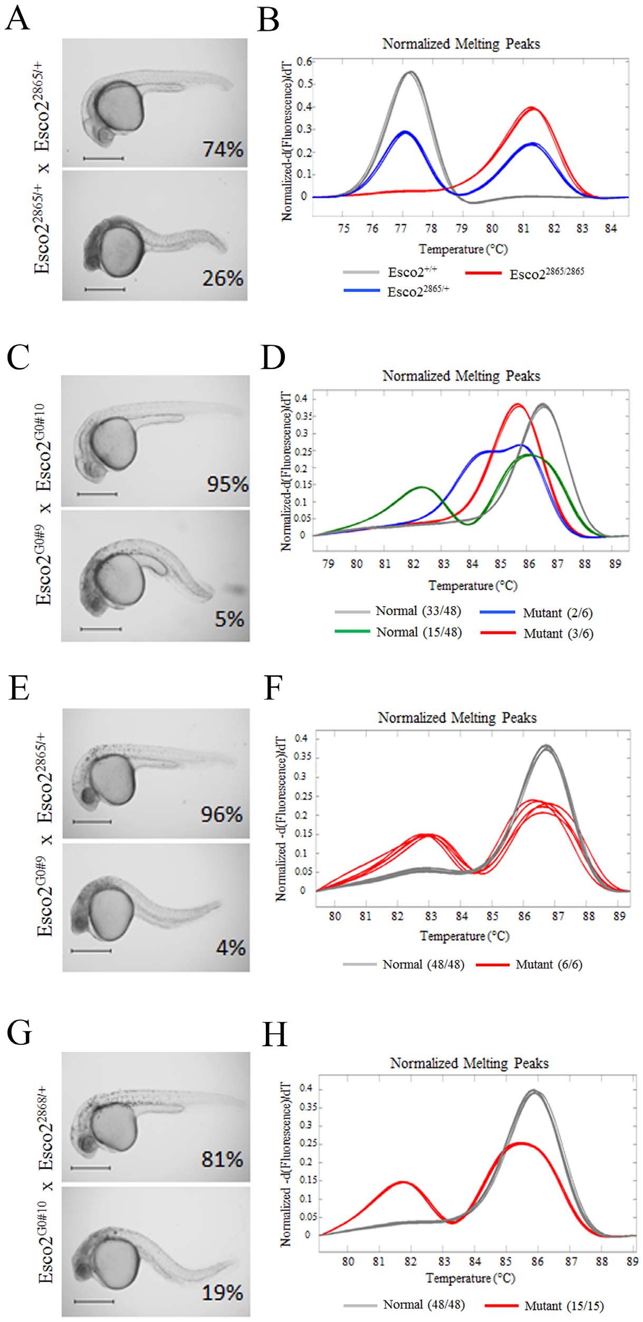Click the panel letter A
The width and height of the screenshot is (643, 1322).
(17, 20)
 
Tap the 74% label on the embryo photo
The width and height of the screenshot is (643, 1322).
(223, 149)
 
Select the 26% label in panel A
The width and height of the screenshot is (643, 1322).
(223, 278)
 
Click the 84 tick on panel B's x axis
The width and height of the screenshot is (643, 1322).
(610, 228)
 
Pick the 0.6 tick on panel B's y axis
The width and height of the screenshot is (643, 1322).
(304, 62)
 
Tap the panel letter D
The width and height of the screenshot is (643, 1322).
(273, 357)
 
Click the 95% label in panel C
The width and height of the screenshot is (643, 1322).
(227, 484)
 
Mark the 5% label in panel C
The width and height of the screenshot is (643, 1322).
(229, 619)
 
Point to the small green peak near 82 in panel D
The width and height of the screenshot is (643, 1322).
(421, 487)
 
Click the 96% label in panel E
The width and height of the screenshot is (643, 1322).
(222, 814)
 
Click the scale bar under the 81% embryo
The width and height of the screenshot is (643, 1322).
(90, 1168)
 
